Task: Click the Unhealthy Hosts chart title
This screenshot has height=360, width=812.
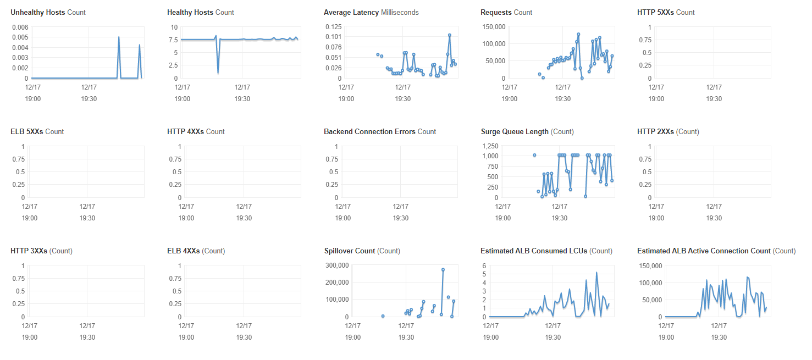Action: pos(48,12)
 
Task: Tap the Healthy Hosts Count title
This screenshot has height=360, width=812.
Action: pos(201,12)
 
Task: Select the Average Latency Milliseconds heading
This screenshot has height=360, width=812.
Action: pos(371,12)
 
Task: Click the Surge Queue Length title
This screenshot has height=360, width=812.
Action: pos(527,131)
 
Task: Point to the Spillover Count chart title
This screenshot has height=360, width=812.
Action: pos(362,251)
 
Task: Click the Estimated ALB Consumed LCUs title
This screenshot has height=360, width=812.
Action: pos(546,251)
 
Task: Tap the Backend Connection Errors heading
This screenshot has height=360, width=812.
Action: pos(380,131)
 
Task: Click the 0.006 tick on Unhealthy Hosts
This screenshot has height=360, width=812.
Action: pos(20,27)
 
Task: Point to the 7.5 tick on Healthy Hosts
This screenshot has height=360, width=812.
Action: pos(173,40)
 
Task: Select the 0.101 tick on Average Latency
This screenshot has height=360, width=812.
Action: pos(334,37)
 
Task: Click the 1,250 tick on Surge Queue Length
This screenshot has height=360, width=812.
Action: pos(490,146)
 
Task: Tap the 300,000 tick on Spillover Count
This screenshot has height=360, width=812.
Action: pos(337,265)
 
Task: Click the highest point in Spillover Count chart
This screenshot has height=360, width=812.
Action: pos(443,270)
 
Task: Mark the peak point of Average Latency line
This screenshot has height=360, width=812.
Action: pos(450,35)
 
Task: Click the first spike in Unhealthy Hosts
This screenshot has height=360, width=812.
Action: pos(119,37)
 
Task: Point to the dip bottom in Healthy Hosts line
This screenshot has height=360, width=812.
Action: pos(218,73)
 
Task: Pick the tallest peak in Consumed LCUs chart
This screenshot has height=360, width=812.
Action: pos(596,272)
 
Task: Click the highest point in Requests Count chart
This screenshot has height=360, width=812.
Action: pos(578,35)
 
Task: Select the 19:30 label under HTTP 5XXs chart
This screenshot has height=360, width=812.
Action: pos(714,98)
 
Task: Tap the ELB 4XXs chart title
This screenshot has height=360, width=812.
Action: pos(196,251)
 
